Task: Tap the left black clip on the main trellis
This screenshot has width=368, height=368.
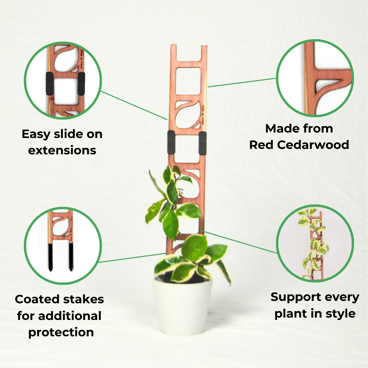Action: (x=171, y=142)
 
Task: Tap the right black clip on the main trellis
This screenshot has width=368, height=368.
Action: (x=203, y=143)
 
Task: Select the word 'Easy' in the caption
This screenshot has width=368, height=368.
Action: (x=36, y=134)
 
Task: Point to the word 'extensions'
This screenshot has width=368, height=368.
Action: (x=62, y=150)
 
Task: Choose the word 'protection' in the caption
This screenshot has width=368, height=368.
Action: (x=61, y=332)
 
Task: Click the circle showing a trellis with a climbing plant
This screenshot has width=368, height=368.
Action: (x=315, y=244)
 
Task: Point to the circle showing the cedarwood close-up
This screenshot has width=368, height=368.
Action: (x=315, y=78)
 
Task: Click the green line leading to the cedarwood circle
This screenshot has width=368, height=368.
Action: (x=242, y=82)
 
